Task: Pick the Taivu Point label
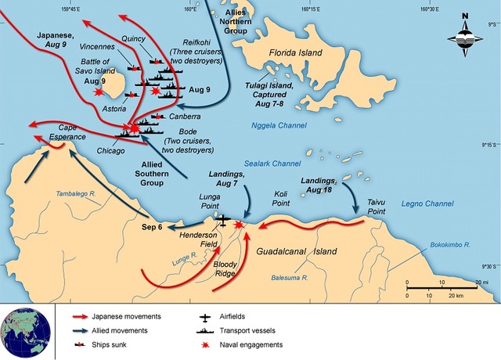point(381,206)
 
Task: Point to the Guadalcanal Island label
point(296,251)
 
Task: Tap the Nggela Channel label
point(279,125)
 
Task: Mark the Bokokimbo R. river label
point(449,245)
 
